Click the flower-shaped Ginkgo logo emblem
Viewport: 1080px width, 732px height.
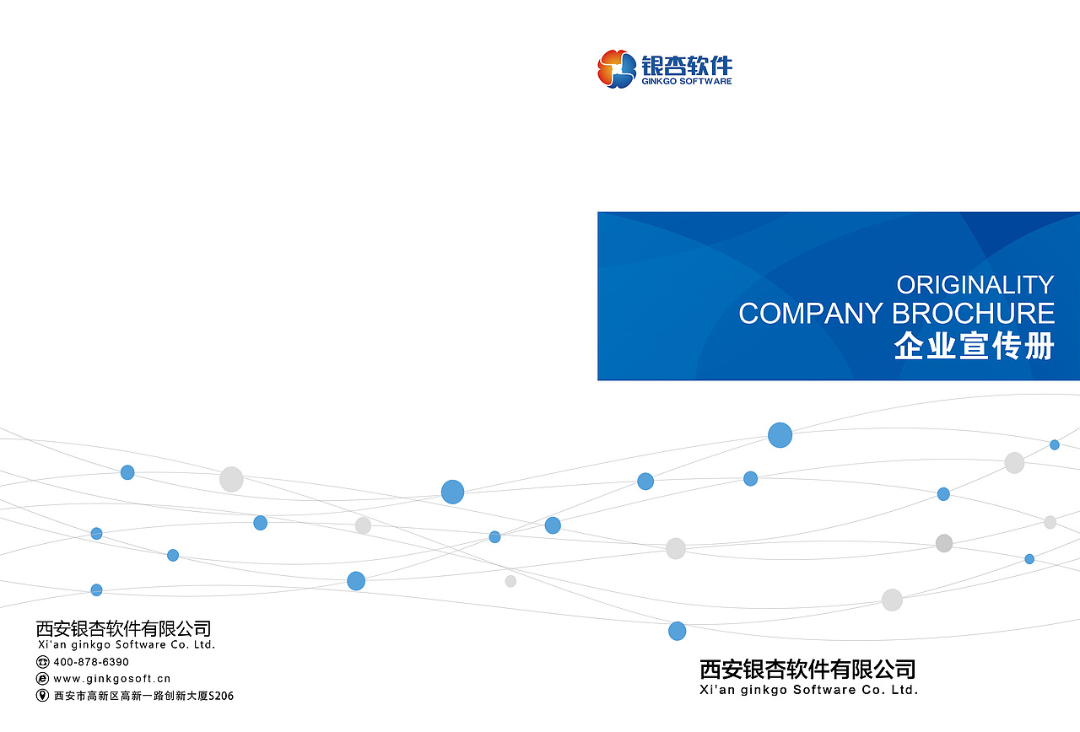tap(617, 69)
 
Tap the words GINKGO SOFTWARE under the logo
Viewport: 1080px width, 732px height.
tap(687, 82)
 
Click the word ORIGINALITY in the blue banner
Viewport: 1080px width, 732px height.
tap(975, 284)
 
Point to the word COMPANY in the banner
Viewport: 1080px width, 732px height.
tap(810, 314)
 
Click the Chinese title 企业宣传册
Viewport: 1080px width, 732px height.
tap(975, 347)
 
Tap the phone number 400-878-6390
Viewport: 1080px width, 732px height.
tap(91, 662)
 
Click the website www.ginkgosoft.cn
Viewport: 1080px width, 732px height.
tap(111, 679)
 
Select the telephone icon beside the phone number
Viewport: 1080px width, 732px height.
tap(42, 662)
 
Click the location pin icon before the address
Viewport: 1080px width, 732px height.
tap(42, 696)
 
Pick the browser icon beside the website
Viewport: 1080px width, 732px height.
tap(42, 679)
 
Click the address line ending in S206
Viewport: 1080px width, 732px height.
tap(143, 696)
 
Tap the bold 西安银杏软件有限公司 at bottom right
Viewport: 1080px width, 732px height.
tap(807, 670)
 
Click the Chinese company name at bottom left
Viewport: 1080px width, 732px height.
tap(123, 628)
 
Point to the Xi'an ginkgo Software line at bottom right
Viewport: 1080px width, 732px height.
tap(809, 690)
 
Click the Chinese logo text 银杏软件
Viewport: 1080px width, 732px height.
tap(687, 65)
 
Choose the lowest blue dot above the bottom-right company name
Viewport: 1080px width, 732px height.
tap(677, 631)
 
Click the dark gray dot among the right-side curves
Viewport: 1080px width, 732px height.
tap(944, 543)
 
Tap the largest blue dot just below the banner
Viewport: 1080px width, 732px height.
tap(780, 435)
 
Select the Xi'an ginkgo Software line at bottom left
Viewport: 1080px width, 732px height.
tap(126, 645)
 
